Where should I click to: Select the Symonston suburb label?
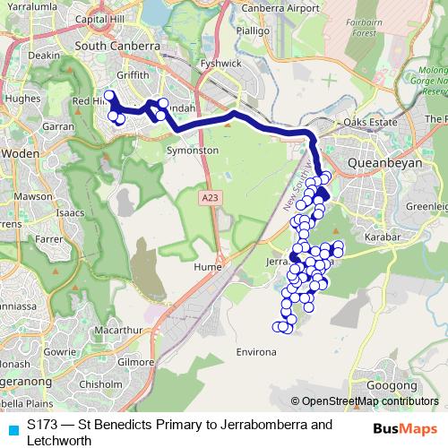tap(193, 151)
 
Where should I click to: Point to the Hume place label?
tap(208, 266)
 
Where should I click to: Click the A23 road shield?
tap(210, 197)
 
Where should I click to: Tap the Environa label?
tap(255, 353)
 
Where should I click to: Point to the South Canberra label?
tap(118, 45)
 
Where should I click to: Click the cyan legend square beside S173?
tap(11, 426)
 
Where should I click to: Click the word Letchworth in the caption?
tap(59, 440)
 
